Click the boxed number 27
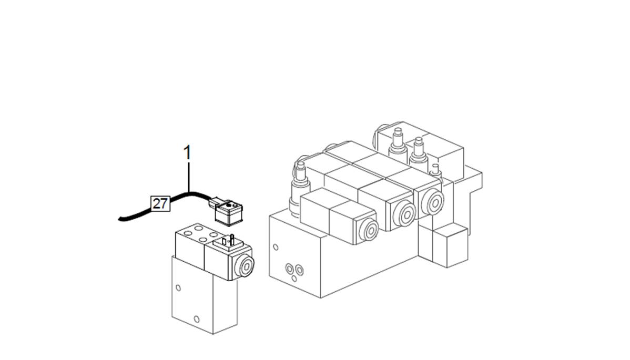tap(160, 203)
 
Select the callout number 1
tap(187, 152)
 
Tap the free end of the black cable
tap(120, 219)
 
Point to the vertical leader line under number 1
tap(188, 177)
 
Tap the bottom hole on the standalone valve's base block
tap(197, 320)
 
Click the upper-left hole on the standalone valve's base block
tap(178, 288)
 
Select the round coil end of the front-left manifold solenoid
tap(369, 230)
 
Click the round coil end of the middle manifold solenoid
tap(404, 214)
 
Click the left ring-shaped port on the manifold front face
tap(289, 269)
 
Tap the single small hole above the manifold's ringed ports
tap(276, 247)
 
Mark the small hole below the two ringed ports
tap(294, 278)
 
